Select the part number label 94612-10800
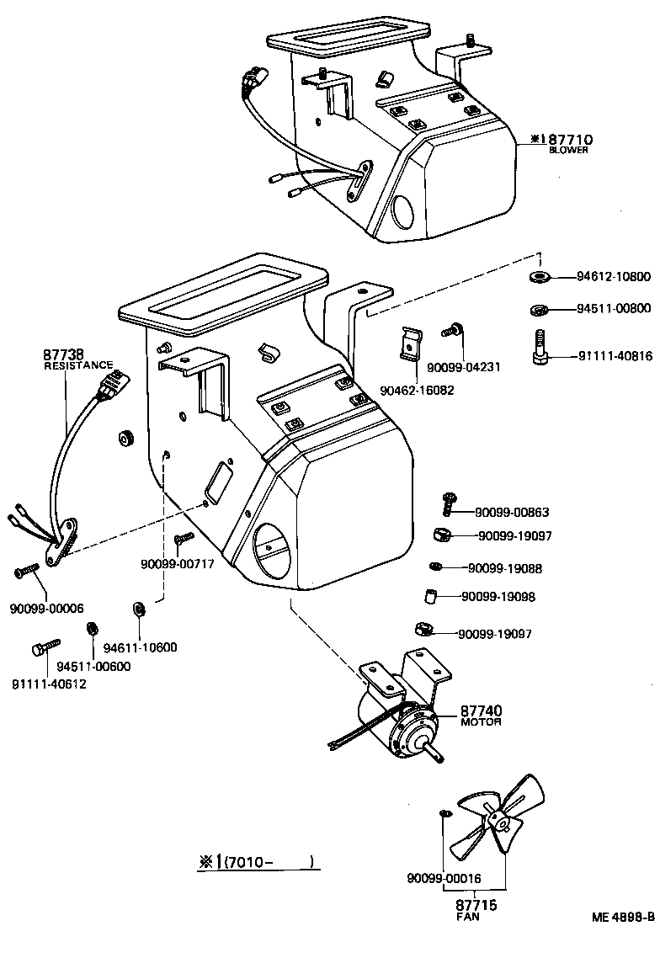(613, 277)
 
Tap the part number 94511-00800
(613, 309)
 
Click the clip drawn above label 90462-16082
(410, 343)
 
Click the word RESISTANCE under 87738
(77, 365)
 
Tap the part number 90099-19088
(504, 568)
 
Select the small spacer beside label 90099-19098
(431, 597)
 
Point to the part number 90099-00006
(47, 608)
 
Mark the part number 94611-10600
(140, 647)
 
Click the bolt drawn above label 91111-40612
(40, 649)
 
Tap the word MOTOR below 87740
(481, 722)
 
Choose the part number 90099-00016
(443, 879)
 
